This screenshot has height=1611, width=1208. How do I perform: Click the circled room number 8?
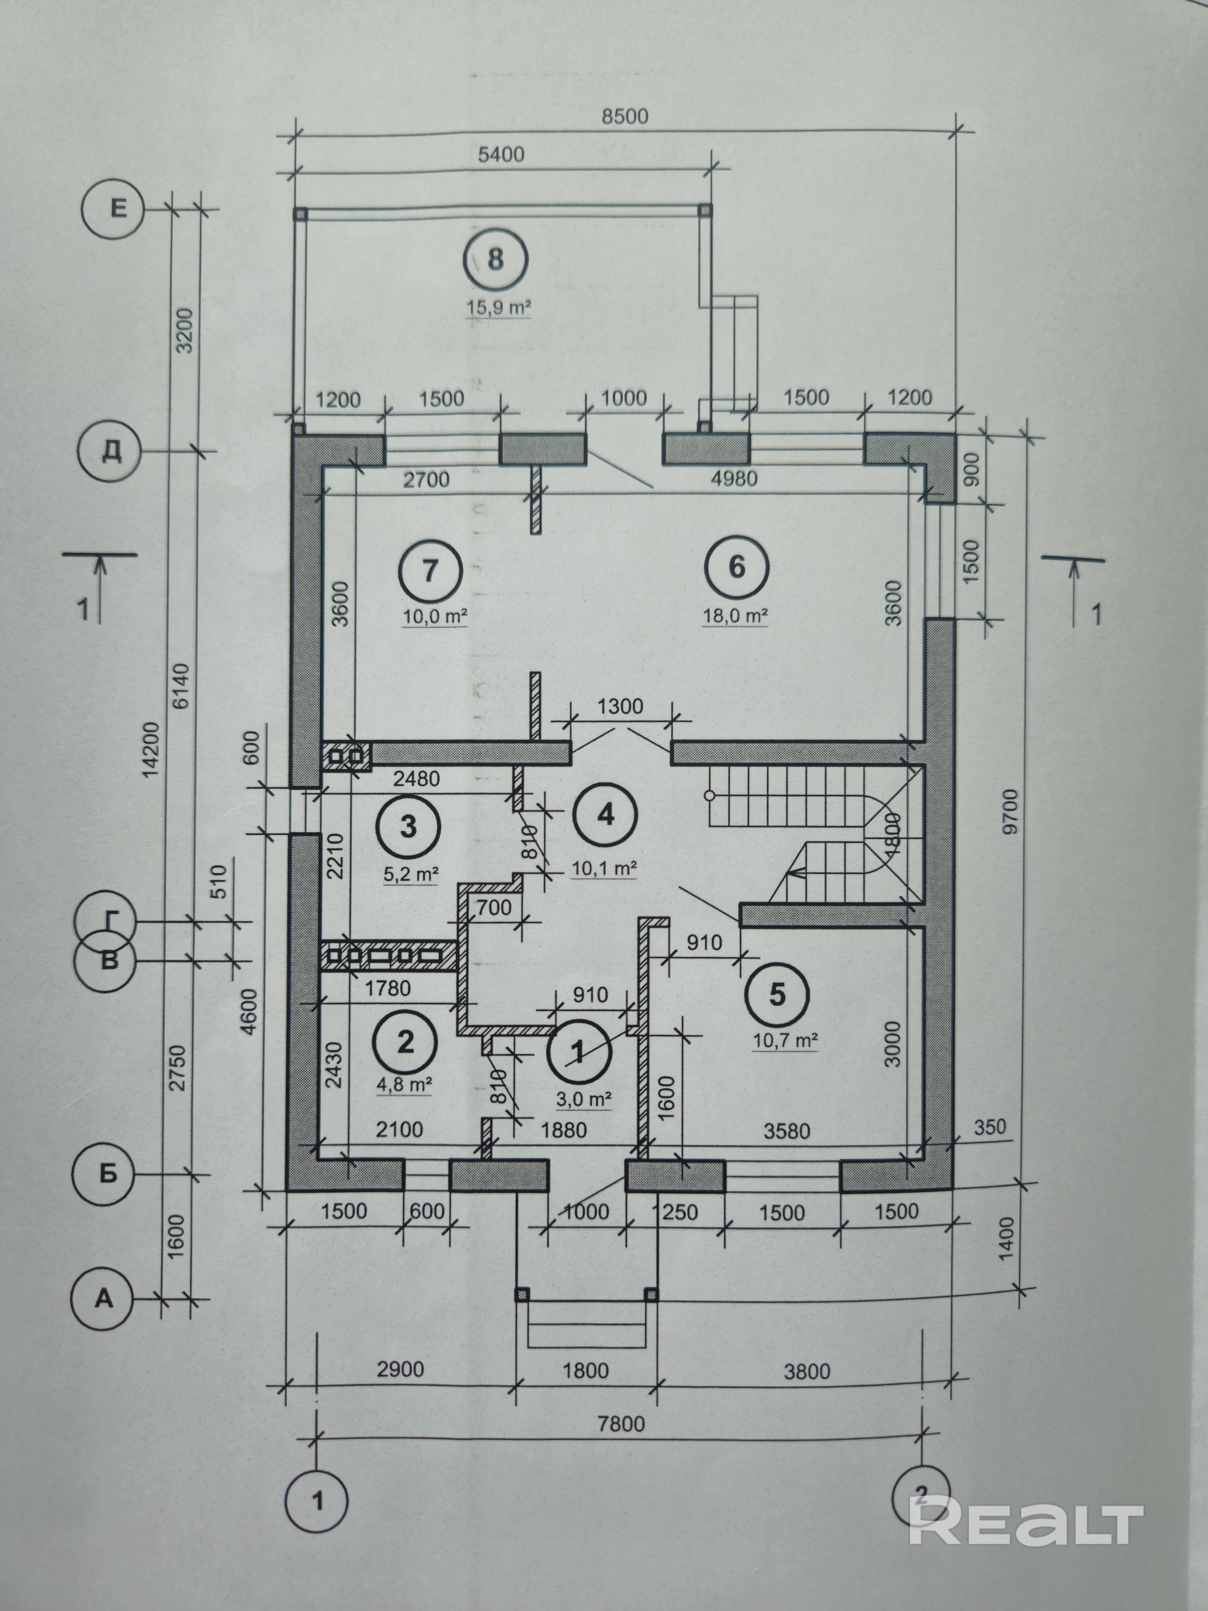(496, 259)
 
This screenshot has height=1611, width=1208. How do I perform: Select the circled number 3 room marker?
(409, 827)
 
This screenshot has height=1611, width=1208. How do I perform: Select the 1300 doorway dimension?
(620, 706)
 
